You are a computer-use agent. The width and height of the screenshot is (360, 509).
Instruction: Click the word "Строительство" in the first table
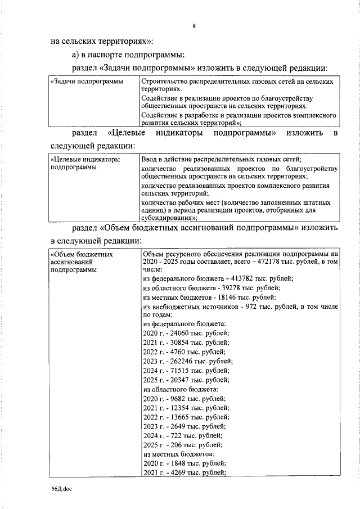point(164,82)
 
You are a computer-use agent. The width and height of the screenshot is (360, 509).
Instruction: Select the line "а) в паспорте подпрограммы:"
point(124,55)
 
